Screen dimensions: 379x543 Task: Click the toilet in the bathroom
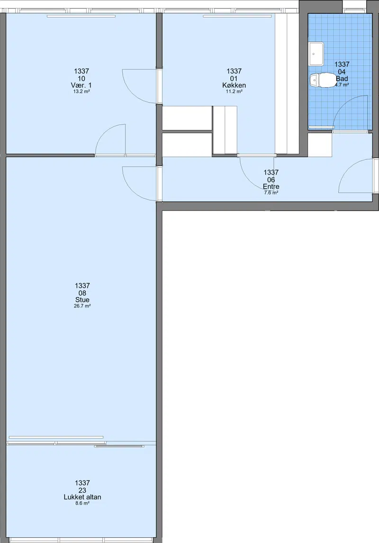(322, 80)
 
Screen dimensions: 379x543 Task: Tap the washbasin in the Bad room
(316, 53)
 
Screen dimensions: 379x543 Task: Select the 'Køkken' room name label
(234, 85)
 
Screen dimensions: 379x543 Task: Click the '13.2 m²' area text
(82, 92)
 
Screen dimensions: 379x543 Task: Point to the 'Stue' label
(82, 300)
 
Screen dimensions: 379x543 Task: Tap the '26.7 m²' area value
(82, 306)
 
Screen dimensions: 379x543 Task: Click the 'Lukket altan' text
(82, 497)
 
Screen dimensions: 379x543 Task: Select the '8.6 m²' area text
(82, 503)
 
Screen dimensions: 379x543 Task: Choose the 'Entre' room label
(271, 187)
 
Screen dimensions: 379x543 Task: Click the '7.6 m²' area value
(271, 193)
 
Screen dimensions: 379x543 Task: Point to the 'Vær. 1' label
(81, 85)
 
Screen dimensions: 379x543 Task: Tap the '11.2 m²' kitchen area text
(234, 92)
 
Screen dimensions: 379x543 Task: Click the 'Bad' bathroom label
(342, 79)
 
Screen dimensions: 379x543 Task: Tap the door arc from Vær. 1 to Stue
(104, 131)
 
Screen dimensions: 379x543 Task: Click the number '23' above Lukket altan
(82, 490)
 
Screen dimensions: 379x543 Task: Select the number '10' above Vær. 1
(81, 79)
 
